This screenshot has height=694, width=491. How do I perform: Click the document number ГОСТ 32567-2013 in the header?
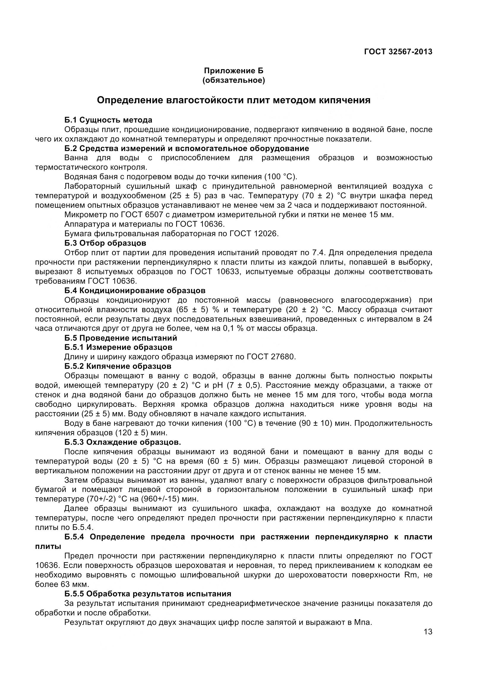click(398, 52)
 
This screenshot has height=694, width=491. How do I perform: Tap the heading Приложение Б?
click(233, 71)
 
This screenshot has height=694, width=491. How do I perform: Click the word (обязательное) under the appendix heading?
click(233, 81)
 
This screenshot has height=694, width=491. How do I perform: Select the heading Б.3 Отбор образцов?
click(105, 243)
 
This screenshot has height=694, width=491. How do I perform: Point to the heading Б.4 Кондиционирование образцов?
click(135, 290)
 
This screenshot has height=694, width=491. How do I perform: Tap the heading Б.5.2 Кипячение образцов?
click(118, 366)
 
